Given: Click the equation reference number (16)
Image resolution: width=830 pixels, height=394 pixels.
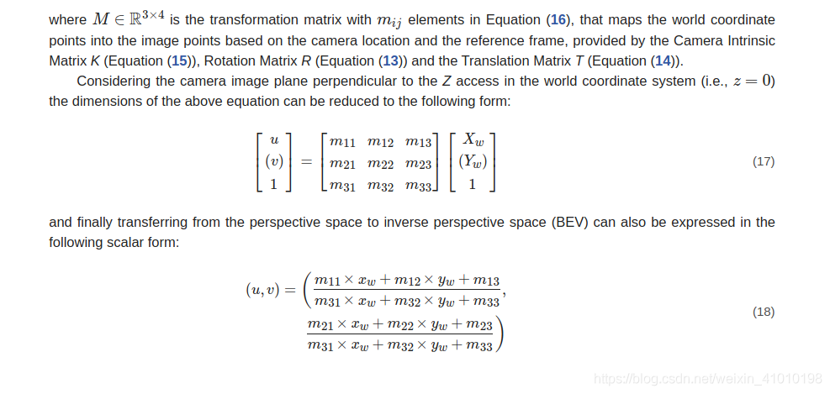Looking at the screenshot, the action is tap(558, 20).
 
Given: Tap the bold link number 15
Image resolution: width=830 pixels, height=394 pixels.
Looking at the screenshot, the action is tap(179, 60).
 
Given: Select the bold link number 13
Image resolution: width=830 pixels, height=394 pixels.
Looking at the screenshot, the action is tap(390, 60).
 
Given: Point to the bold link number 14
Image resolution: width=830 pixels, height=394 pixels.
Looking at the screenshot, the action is tap(663, 60).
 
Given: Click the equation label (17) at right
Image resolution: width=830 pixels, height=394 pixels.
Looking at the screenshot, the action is tap(764, 162).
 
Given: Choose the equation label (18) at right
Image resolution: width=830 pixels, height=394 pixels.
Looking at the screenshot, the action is tap(764, 312).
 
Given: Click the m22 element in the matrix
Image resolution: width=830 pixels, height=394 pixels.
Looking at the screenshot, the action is tap(380, 164).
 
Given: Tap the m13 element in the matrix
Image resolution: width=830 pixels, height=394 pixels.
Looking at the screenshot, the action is tap(418, 142).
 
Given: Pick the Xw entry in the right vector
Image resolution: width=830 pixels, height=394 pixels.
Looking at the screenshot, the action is tap(473, 139).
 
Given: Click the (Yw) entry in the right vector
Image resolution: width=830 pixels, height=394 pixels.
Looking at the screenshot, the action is tap(473, 162).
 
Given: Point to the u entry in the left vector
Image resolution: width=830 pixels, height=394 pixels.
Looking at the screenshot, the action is tap(273, 140).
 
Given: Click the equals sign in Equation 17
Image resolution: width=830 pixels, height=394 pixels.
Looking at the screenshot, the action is tap(306, 162).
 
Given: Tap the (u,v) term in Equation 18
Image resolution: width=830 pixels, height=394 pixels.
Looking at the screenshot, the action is tap(262, 289).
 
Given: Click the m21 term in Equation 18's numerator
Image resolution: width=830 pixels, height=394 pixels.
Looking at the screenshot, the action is tap(320, 325).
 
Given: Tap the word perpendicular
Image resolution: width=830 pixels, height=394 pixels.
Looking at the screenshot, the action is tap(371, 81).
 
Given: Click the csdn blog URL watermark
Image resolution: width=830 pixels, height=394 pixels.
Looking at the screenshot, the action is tap(708, 379).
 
